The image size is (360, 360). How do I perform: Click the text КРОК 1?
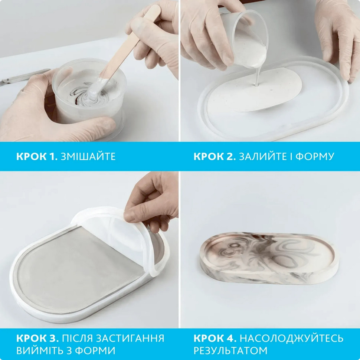click(37, 156)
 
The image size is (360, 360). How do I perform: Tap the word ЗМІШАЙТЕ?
click(88, 156)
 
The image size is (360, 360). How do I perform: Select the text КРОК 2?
click(215, 156)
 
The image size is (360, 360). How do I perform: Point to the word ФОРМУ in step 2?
click(315, 156)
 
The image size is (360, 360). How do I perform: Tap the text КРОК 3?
click(37, 338)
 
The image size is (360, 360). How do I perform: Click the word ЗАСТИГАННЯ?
click(130, 338)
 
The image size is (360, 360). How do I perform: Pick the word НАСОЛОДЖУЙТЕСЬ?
click(292, 338)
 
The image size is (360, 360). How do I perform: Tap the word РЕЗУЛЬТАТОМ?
click(230, 350)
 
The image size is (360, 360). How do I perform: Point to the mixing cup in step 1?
click(89, 92)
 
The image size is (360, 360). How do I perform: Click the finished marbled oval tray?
click(269, 258)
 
